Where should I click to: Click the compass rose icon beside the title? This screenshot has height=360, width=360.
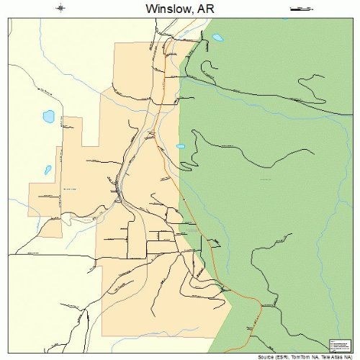coord(62,9)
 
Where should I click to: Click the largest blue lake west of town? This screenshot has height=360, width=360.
coord(50,116)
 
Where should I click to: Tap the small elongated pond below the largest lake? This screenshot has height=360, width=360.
coord(47,171)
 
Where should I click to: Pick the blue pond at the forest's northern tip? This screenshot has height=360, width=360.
coord(217,37)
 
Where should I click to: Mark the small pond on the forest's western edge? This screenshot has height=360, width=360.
coord(181,146)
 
